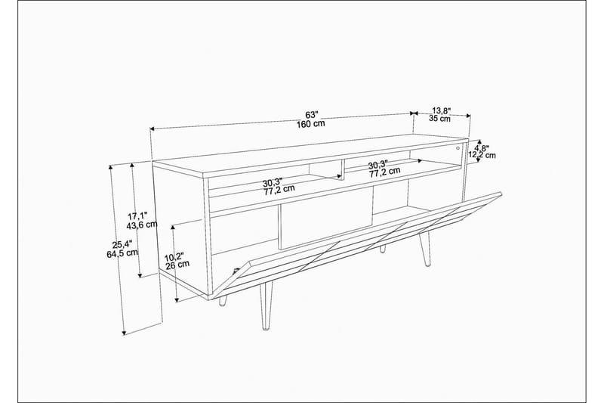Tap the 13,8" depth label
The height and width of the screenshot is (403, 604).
442,109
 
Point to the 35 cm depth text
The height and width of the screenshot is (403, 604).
439,119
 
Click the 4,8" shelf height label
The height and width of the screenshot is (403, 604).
482,148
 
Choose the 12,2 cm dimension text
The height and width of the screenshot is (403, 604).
482,156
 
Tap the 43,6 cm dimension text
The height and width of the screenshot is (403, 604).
141,225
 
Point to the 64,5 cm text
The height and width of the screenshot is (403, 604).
123,253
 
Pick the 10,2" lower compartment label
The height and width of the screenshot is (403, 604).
175,256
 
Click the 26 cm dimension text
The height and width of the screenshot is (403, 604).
177,265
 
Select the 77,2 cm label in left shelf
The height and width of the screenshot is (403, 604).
279,190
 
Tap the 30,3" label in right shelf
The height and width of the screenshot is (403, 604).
378,165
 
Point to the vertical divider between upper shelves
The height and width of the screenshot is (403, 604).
341,169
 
